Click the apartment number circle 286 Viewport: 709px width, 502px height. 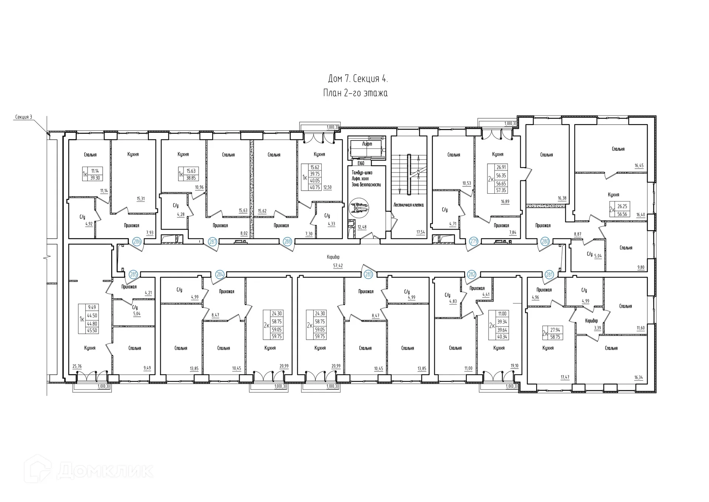pyautogui.click(x=137, y=242)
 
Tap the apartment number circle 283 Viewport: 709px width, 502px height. pyautogui.click(x=368, y=274)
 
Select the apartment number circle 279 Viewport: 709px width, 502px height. pyautogui.click(x=474, y=241)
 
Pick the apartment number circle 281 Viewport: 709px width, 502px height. pyautogui.click(x=549, y=274)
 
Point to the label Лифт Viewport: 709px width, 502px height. pyautogui.click(x=367, y=144)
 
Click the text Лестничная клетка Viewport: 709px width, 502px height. pyautogui.click(x=408, y=205)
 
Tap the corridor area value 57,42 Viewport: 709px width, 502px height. pyautogui.click(x=338, y=265)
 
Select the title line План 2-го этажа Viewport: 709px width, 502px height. pyautogui.click(x=355, y=93)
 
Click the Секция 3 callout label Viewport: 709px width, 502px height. pyautogui.click(x=24, y=117)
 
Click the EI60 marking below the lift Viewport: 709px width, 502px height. pyautogui.click(x=361, y=163)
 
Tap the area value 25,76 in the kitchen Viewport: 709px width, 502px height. pyautogui.click(x=77, y=366)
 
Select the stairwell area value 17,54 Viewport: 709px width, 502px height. pyautogui.click(x=420, y=232)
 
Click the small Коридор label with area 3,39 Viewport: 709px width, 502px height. pyautogui.click(x=591, y=320)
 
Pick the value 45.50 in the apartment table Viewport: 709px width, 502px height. pyautogui.click(x=92, y=330)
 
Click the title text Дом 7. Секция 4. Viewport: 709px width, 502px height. pyautogui.click(x=358, y=79)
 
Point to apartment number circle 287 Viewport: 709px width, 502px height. pyautogui.click(x=213, y=242)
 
